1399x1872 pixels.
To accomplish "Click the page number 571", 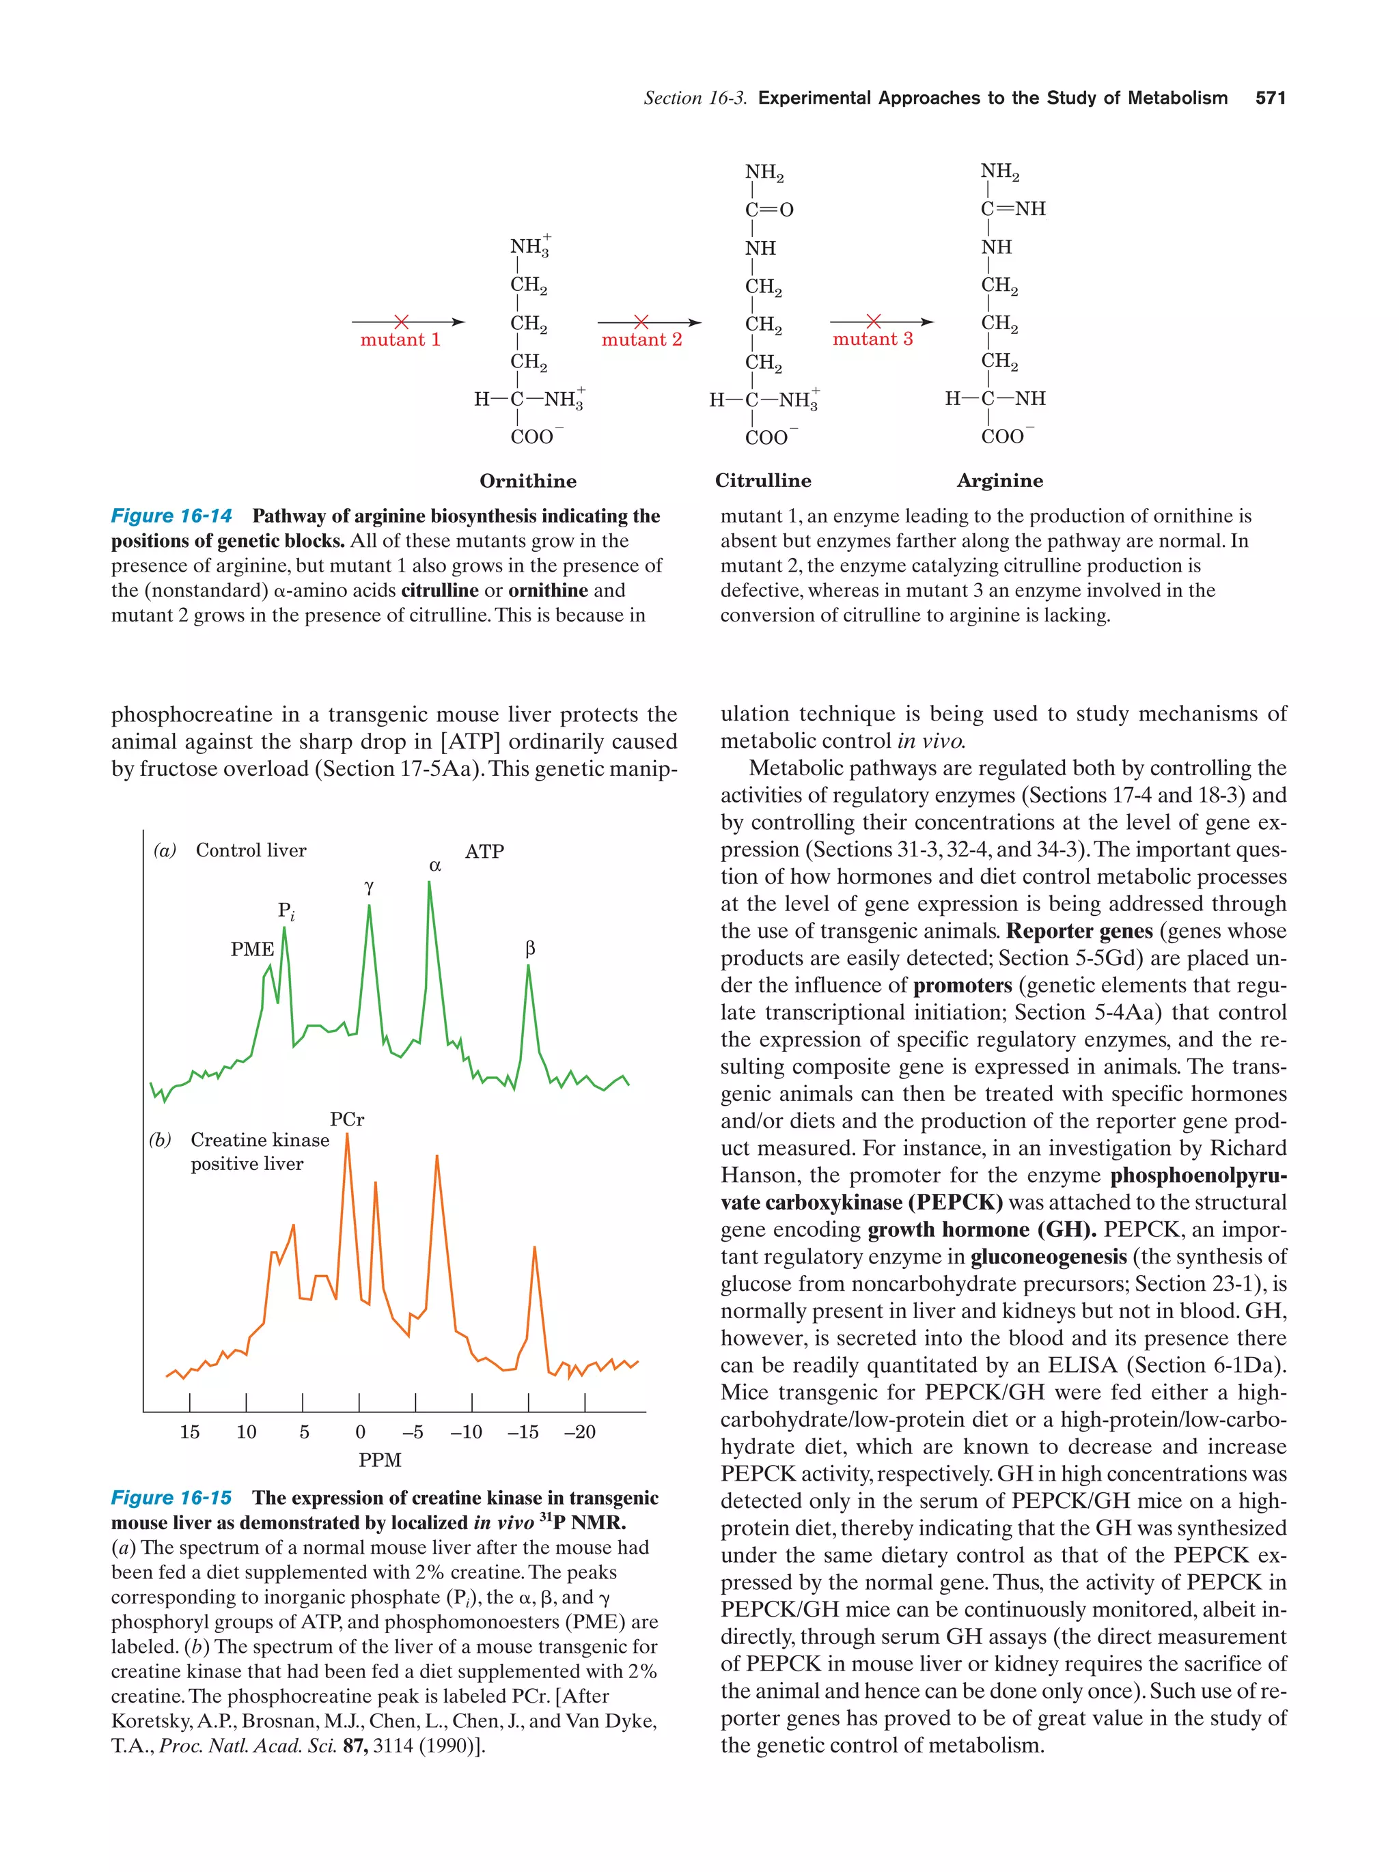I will pos(1269,98).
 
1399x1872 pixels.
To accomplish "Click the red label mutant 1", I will pos(400,340).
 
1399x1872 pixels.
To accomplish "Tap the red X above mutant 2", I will pos(641,322).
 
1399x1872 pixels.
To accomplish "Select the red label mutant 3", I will pos(872,339).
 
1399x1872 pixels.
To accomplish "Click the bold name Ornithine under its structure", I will pos(527,481).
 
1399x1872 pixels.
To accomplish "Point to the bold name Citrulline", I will pos(762,481).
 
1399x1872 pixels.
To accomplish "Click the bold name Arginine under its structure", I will pos(999,481).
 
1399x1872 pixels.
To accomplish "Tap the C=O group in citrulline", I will pos(768,210).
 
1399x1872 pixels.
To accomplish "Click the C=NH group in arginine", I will pos(1012,209).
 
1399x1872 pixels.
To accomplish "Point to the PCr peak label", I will pos(347,1119).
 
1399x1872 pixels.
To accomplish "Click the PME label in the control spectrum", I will pos(252,949).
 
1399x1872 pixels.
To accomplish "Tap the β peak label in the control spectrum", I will pos(530,949).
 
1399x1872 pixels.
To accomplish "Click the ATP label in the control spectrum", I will pos(484,852).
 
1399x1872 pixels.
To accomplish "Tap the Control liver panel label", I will pos(251,850).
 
